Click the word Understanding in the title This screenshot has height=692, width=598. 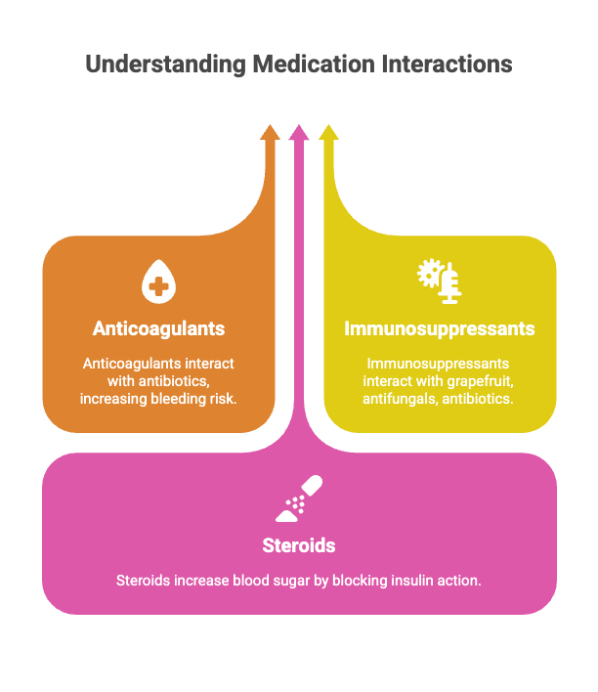pyautogui.click(x=151, y=65)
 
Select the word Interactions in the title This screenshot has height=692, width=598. pyautogui.click(x=435, y=65)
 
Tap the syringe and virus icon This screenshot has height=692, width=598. pyautogui.click(x=440, y=281)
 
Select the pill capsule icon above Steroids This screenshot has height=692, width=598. pyautogui.click(x=298, y=497)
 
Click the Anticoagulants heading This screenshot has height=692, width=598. pyautogui.click(x=158, y=328)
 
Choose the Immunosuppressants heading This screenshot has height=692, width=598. pyautogui.click(x=440, y=328)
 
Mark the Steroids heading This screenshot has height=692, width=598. pyautogui.click(x=298, y=545)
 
